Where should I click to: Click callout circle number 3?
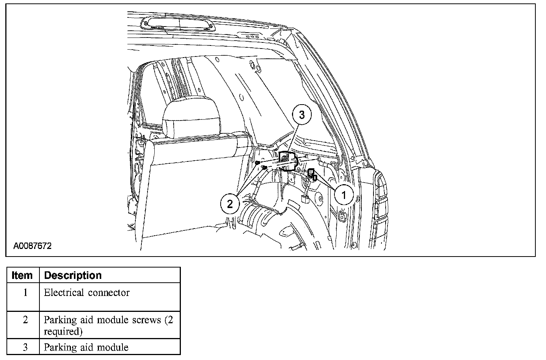pyautogui.click(x=302, y=116)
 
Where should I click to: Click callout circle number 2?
pyautogui.click(x=230, y=204)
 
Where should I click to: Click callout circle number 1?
pyautogui.click(x=344, y=196)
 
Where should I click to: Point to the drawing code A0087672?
pyautogui.click(x=33, y=246)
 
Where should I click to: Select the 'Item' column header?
pyautogui.click(x=22, y=275)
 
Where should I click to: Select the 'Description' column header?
pyautogui.click(x=73, y=275)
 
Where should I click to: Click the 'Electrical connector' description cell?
pyautogui.click(x=87, y=293)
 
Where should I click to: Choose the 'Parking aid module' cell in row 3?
pyautogui.click(x=86, y=347)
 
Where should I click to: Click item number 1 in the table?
pyautogui.click(x=25, y=293)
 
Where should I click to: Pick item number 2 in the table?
pyautogui.click(x=25, y=320)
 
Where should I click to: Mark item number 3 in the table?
pyautogui.click(x=25, y=347)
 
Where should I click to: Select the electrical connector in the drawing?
pyautogui.click(x=312, y=174)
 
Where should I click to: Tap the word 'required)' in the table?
pyautogui.click(x=63, y=332)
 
